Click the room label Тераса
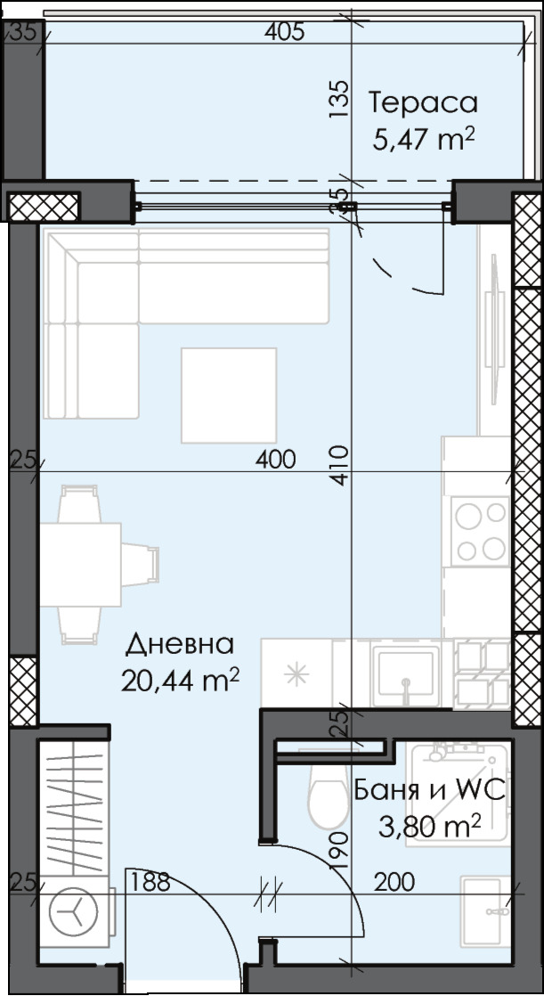pyautogui.click(x=423, y=102)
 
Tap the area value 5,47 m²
pyautogui.click(x=423, y=140)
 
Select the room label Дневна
pyautogui.click(x=180, y=643)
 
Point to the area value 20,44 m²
pyautogui.click(x=180, y=681)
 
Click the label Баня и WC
pyautogui.click(x=430, y=789)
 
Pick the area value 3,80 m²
pyautogui.click(x=430, y=826)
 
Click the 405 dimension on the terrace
pyautogui.click(x=285, y=33)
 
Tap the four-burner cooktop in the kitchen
pyautogui.click(x=480, y=531)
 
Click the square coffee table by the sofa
pyautogui.click(x=229, y=395)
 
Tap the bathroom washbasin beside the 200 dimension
pyautogui.click(x=486, y=910)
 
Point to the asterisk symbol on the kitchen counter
pyautogui.click(x=296, y=674)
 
